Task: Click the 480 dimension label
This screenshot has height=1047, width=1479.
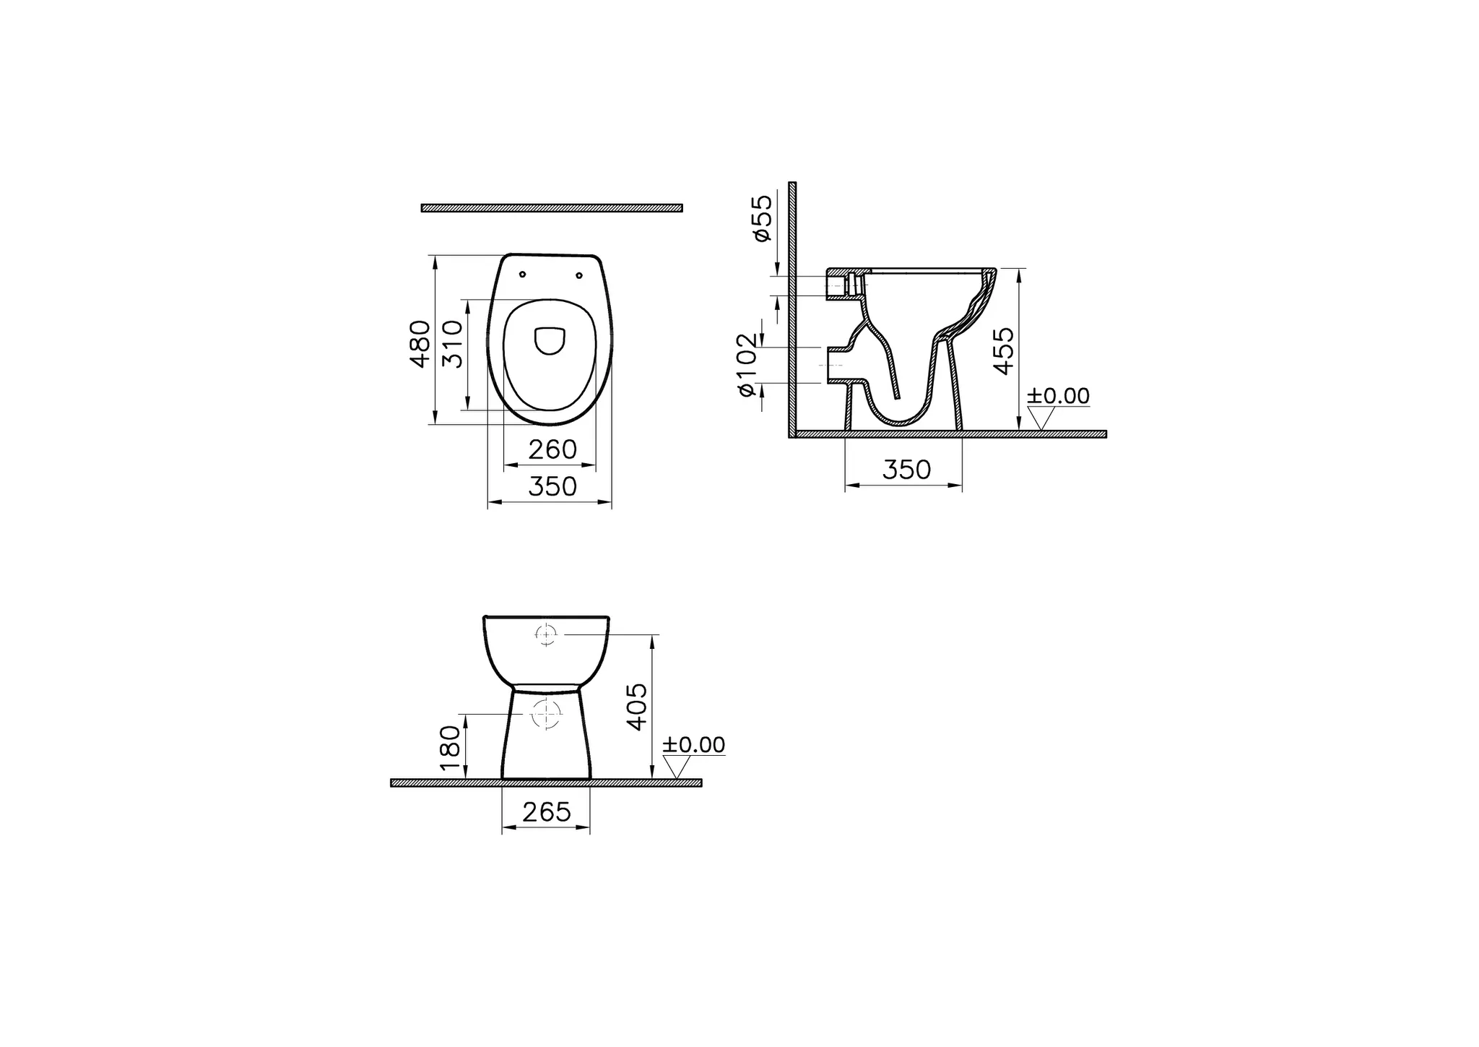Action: (x=420, y=344)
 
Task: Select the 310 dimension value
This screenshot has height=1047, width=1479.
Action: (x=452, y=344)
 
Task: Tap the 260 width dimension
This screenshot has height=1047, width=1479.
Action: (x=552, y=450)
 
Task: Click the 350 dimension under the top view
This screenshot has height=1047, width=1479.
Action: (x=552, y=487)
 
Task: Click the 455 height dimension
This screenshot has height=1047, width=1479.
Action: (x=1004, y=351)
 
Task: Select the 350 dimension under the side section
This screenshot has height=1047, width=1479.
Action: (x=906, y=470)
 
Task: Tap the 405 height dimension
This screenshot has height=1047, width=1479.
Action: (x=638, y=706)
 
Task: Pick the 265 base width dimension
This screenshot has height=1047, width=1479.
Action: (x=547, y=813)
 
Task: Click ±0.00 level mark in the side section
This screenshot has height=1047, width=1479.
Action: (x=1058, y=396)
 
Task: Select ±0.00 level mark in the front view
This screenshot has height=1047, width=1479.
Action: (x=693, y=745)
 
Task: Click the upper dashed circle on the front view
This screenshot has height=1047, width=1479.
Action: (x=546, y=634)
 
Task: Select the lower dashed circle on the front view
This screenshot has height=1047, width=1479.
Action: (x=547, y=714)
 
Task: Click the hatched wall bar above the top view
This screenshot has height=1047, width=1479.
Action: (x=552, y=208)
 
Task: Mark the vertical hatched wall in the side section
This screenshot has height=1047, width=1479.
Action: (x=792, y=303)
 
